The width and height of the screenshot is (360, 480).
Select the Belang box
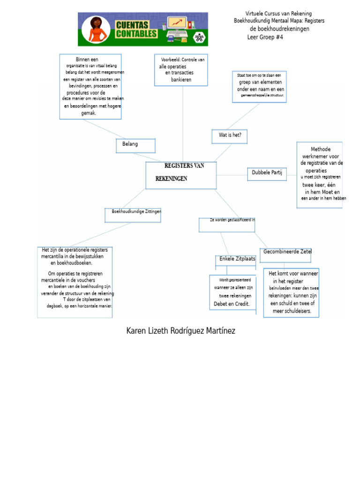[x=135, y=145]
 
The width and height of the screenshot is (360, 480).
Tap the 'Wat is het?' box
[x=230, y=136]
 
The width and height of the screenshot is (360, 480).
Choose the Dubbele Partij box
[x=267, y=174]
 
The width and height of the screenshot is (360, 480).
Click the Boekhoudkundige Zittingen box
[x=133, y=215]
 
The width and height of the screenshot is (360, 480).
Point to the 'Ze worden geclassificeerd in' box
[x=227, y=225]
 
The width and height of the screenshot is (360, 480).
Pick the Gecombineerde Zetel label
[x=287, y=252]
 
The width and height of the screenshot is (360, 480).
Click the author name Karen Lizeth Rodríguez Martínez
[x=180, y=331]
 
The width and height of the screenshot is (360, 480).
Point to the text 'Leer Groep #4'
[x=265, y=37]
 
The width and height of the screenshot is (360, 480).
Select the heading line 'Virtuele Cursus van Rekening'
[x=278, y=14]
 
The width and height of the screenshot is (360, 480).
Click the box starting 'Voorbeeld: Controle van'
[x=182, y=70]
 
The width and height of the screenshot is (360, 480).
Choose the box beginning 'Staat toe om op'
[x=259, y=87]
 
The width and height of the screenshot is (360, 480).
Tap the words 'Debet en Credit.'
[x=232, y=304]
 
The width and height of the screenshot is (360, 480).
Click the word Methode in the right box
[x=321, y=150]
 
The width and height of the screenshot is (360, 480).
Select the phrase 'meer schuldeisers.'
[x=292, y=311]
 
